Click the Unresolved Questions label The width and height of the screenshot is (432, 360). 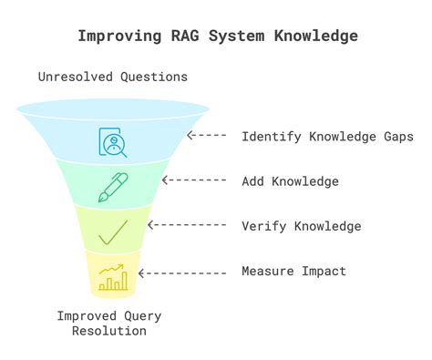pos(113,77)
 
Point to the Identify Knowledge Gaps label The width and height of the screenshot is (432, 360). pos(326,137)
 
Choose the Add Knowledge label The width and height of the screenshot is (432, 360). pos(290,181)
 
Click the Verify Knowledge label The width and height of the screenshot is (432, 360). pos(301,226)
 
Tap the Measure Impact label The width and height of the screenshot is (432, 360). pos(293,271)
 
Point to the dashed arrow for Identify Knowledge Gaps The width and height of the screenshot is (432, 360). pos(208,137)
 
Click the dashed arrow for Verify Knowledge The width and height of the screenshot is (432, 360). pos(187,226)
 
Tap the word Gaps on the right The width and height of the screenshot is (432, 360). pos(396,137)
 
